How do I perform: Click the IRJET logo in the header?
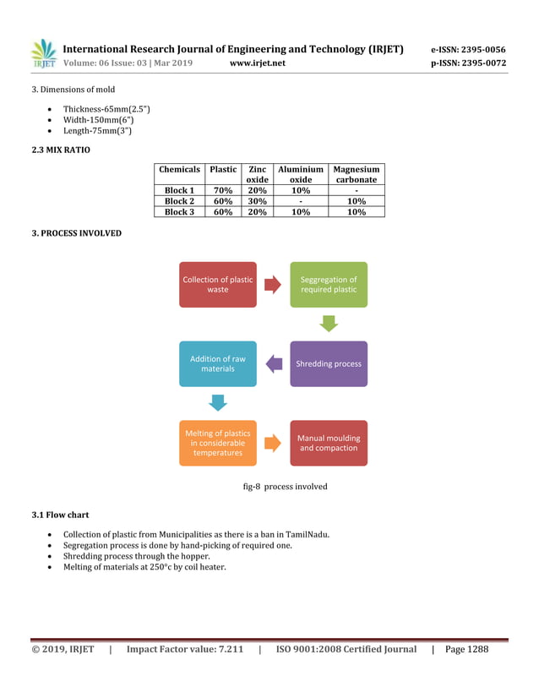[x=43, y=54]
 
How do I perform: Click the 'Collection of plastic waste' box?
[x=217, y=285]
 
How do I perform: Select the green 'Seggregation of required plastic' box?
[x=329, y=285]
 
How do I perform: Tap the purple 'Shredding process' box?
[x=329, y=363]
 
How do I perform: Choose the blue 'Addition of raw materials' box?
[x=217, y=363]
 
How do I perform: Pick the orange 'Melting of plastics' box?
[x=217, y=443]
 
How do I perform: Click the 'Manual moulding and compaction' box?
[x=329, y=443]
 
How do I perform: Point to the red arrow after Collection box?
[x=273, y=285]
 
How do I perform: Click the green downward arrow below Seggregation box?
[x=329, y=324]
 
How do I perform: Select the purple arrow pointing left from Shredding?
[x=274, y=364]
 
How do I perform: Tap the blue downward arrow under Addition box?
[x=218, y=402]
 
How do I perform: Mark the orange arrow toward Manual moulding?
[x=273, y=443]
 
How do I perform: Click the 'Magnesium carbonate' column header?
[x=356, y=175]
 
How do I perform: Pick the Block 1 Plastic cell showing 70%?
[x=223, y=191]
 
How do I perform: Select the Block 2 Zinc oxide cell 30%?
[x=257, y=201]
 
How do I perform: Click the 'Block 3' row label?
[x=179, y=212]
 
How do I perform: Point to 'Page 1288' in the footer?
[x=466, y=649]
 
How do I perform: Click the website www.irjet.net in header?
[x=258, y=63]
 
